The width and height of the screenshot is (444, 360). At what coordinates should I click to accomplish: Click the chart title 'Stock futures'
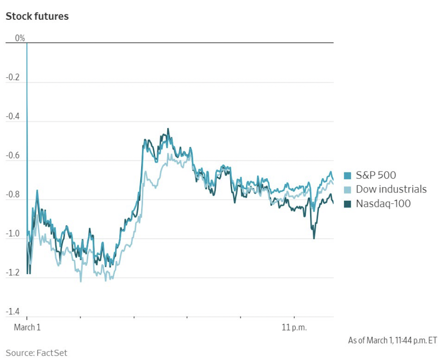click(37, 17)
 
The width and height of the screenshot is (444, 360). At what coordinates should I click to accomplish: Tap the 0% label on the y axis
click(20, 38)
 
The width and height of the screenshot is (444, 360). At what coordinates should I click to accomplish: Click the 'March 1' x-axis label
click(27, 328)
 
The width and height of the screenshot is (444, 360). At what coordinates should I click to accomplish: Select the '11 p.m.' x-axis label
click(294, 328)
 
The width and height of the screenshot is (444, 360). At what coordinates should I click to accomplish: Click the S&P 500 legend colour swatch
click(348, 176)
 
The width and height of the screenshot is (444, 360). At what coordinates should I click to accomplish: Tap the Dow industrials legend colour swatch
click(348, 189)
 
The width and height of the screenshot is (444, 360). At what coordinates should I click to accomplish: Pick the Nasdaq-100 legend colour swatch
click(348, 204)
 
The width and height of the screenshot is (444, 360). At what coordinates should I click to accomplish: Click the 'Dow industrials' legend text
click(391, 189)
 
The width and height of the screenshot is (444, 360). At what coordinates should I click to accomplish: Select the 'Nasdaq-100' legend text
click(383, 204)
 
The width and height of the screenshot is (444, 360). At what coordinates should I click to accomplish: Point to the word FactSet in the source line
click(52, 353)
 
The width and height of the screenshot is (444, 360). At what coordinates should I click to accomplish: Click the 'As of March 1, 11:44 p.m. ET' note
click(392, 340)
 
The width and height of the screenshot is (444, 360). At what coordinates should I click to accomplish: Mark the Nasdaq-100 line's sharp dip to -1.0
click(314, 238)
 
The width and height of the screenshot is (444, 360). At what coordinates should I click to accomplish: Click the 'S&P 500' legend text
click(376, 176)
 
